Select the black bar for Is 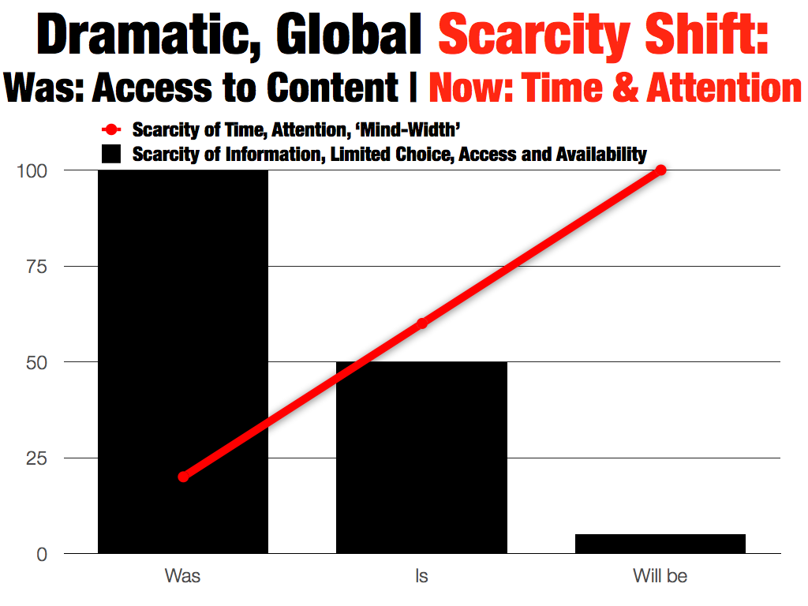point(421,458)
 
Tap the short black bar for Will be point(660,544)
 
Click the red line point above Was point(183,477)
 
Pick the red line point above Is point(421,324)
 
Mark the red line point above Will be point(660,170)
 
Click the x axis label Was point(183,576)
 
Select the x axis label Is point(421,576)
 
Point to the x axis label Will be point(660,576)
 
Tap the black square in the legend point(112,154)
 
